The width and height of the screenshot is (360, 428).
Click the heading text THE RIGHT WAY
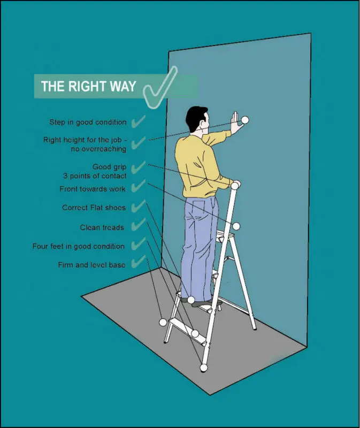click(88, 86)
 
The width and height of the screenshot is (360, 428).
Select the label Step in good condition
click(88, 122)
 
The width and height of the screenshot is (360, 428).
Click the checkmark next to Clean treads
click(138, 225)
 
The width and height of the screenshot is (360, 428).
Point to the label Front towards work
click(93, 189)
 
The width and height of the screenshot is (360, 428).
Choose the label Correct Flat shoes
click(94, 208)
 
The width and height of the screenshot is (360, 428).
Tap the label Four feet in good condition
click(79, 246)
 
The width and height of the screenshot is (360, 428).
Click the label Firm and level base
click(91, 265)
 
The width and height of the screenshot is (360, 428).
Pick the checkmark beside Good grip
click(138, 167)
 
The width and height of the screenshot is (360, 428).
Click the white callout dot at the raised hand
click(245, 120)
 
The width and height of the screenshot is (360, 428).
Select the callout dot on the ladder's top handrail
click(235, 186)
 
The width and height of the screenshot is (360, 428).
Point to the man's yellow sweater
click(197, 166)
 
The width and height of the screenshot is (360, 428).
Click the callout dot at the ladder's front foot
click(204, 368)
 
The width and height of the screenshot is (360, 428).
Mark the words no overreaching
click(98, 149)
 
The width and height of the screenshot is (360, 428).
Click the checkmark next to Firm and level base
click(138, 262)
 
